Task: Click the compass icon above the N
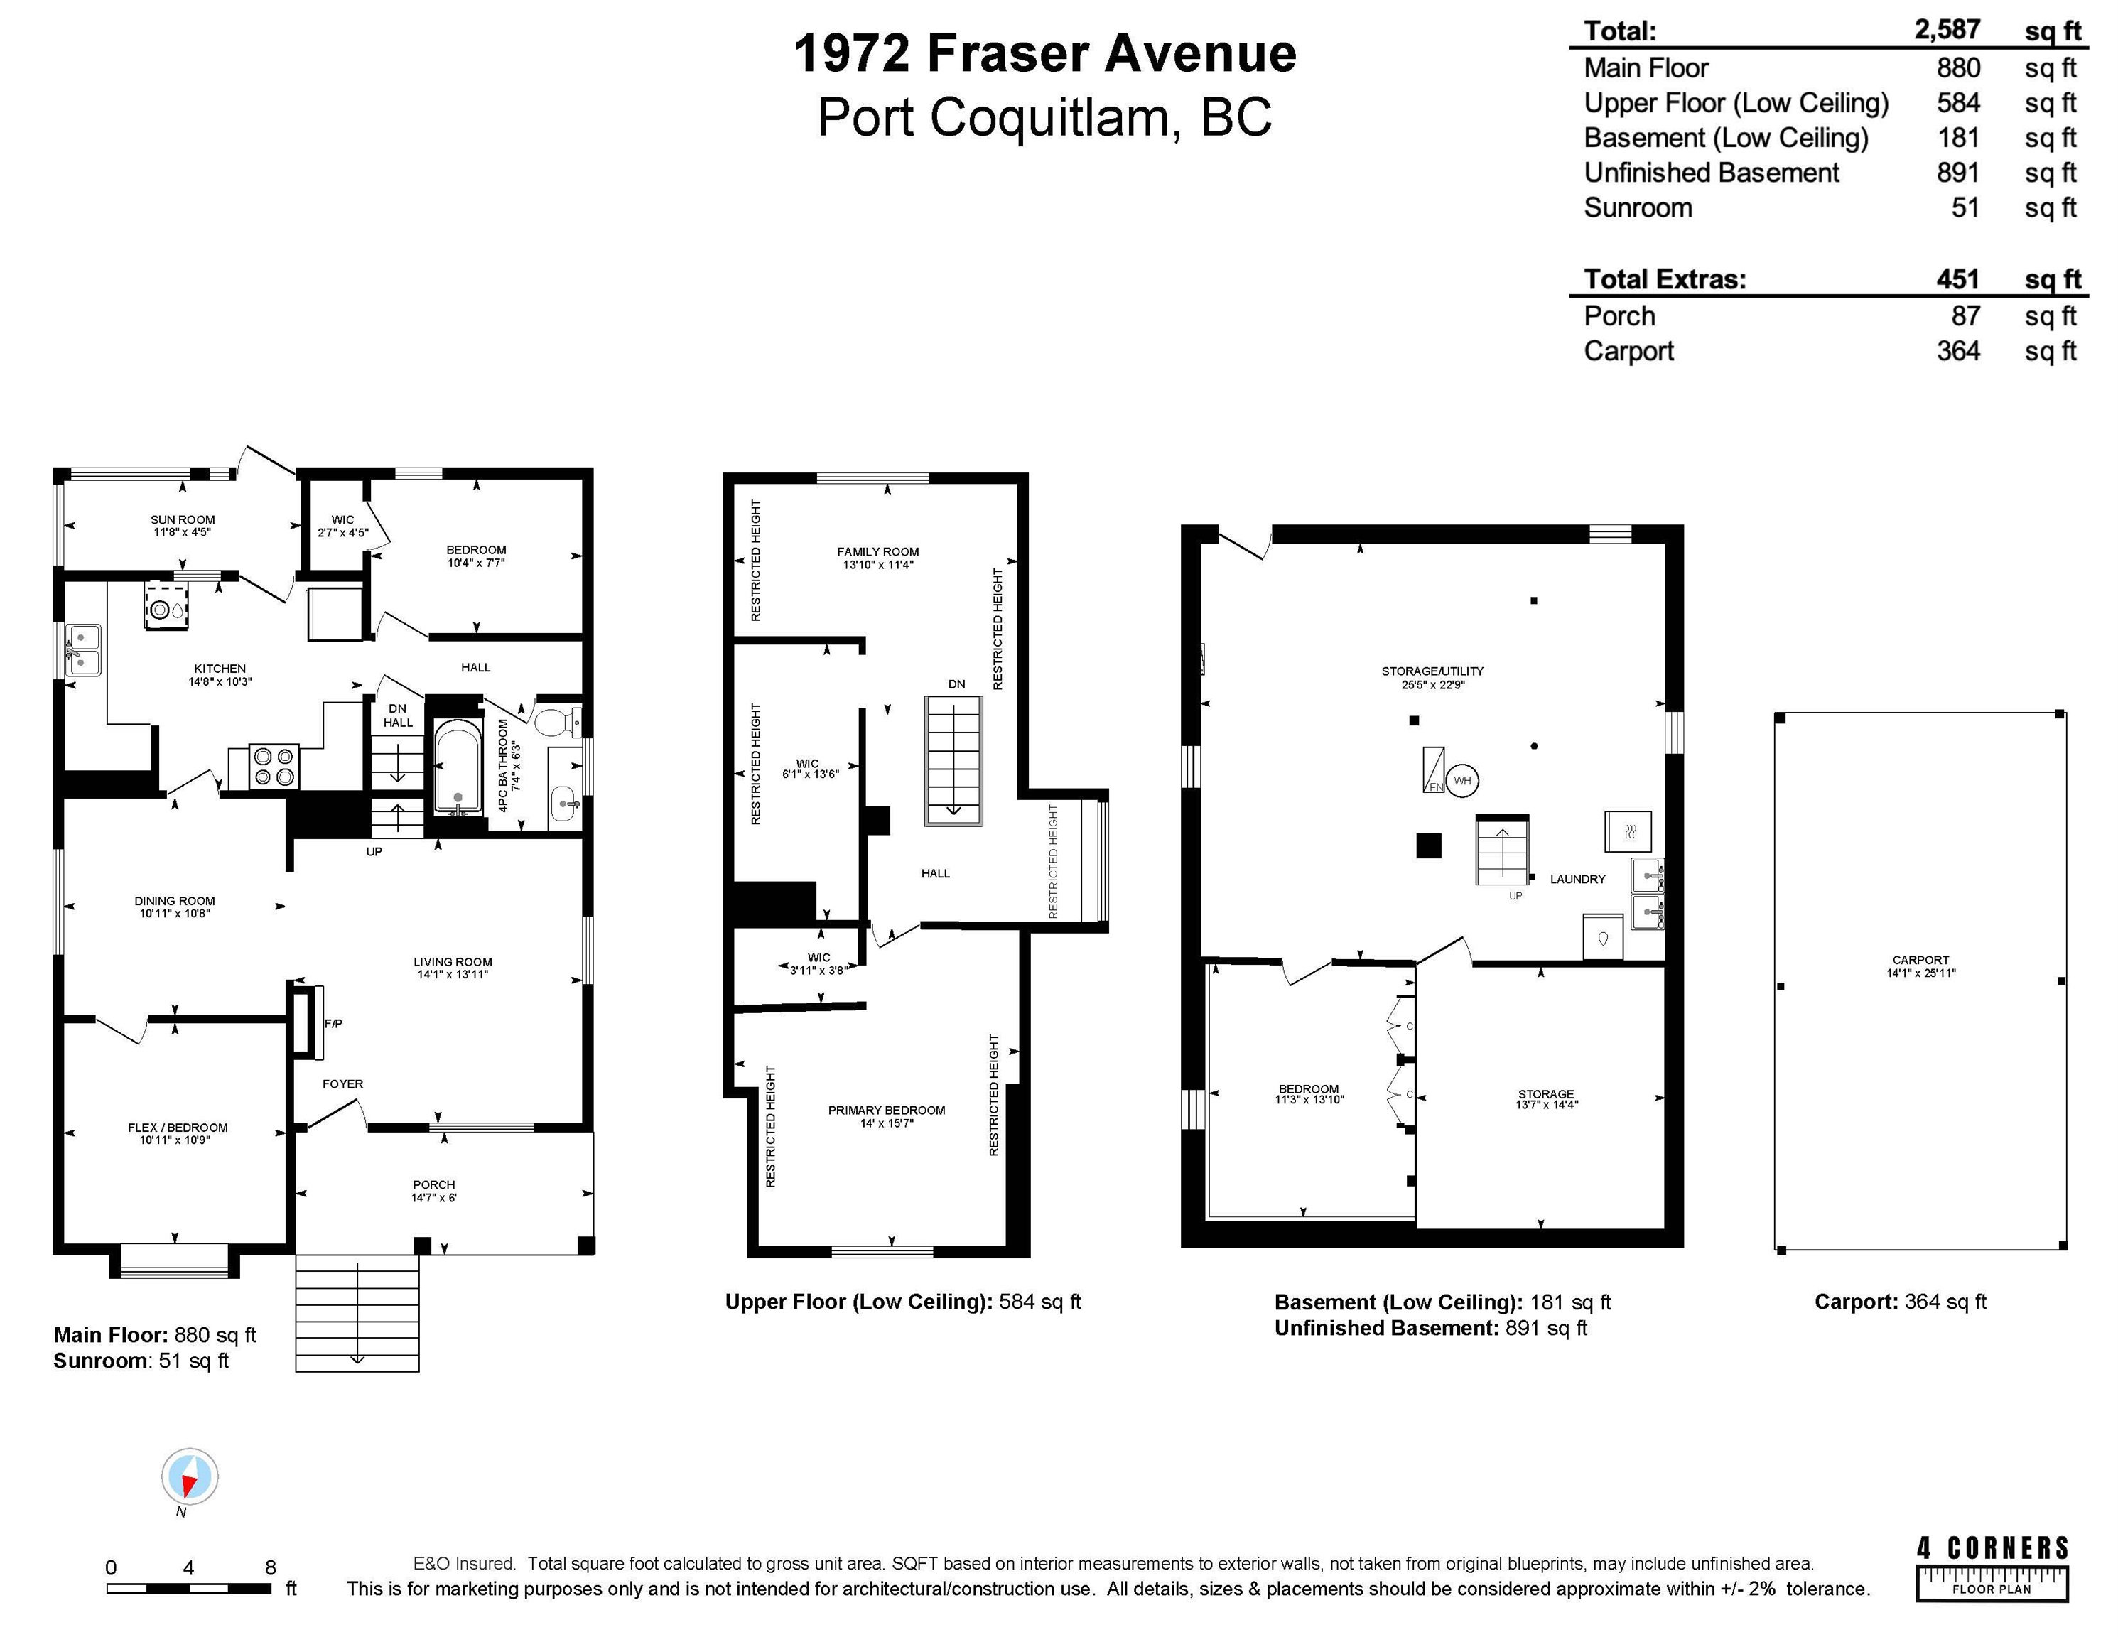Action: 190,1476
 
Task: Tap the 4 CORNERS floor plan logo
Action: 1992,1568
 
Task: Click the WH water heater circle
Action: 1462,781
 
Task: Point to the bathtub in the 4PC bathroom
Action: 457,766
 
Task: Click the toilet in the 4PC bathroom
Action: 558,722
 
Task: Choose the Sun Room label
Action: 183,520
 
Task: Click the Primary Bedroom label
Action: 887,1111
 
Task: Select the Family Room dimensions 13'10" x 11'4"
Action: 877,564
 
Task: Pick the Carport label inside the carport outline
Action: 1920,960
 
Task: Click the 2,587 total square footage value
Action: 1947,29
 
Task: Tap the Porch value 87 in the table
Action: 1966,316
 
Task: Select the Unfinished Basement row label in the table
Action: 1712,173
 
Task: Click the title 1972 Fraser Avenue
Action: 1044,53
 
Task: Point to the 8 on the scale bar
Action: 271,1567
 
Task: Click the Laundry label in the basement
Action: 1578,879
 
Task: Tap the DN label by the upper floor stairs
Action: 957,684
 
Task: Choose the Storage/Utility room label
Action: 1432,671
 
